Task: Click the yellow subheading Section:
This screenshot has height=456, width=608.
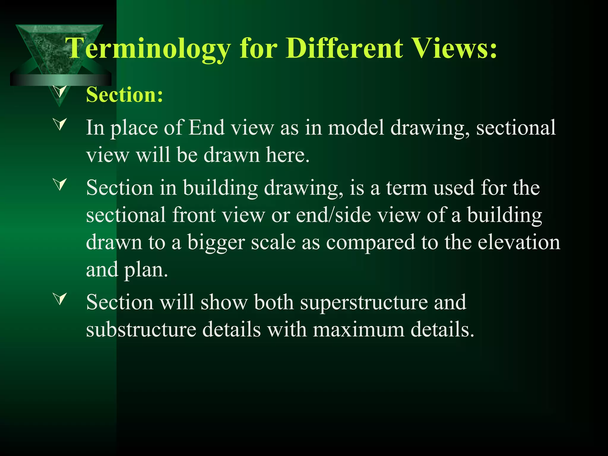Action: click(125, 95)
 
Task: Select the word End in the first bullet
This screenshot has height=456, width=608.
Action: click(207, 128)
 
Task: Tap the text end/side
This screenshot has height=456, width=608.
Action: click(333, 215)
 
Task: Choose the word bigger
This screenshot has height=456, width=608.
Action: click(216, 243)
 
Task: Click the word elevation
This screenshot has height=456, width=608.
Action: click(519, 242)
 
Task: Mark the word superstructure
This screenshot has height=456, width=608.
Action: click(364, 303)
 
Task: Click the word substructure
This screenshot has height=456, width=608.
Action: click(141, 330)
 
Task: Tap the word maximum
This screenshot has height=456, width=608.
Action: click(359, 330)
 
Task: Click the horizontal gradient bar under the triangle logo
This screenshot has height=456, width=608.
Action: click(61, 80)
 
